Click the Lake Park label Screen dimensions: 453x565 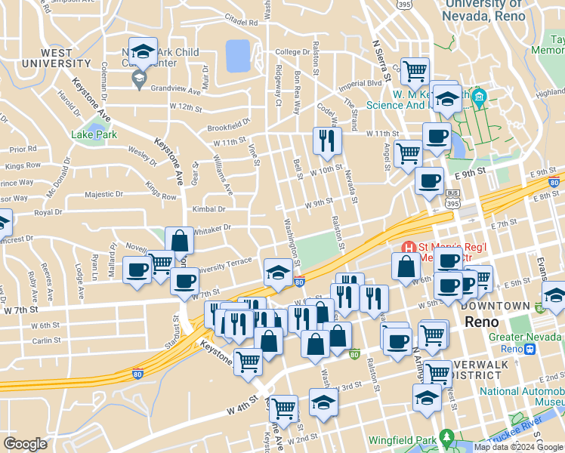tap(94, 134)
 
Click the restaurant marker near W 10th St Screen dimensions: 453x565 tap(327, 140)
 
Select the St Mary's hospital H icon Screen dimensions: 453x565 tap(409, 248)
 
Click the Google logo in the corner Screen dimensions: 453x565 tap(25, 444)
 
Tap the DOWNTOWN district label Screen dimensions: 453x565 tap(495, 306)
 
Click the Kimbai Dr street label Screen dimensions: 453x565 tap(209, 208)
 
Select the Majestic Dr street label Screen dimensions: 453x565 tap(103, 194)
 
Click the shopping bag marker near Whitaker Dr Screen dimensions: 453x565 tap(180, 241)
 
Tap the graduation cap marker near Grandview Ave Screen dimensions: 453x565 tap(143, 52)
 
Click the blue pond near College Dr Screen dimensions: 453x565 tap(238, 54)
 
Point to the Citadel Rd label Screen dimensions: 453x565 tap(242, 23)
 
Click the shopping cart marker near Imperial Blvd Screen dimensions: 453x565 tap(415, 72)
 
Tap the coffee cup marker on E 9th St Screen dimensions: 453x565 tap(429, 181)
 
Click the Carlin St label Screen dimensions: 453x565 tap(46, 341)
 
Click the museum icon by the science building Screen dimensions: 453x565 tap(478, 97)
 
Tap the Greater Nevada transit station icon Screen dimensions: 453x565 tap(530, 349)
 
